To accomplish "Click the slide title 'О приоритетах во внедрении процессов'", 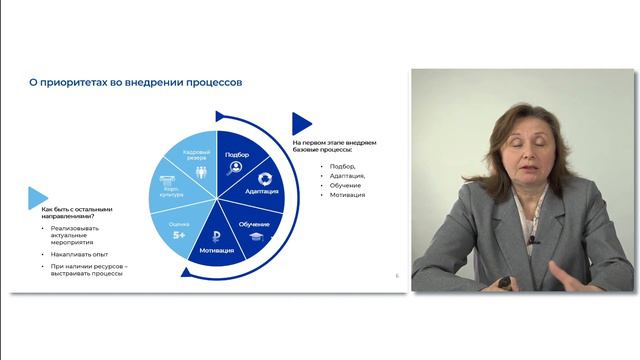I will (x=134, y=83).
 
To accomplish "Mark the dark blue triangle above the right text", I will (x=301, y=124).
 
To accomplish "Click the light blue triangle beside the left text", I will (x=38, y=197).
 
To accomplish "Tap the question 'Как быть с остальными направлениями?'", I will (x=70, y=212).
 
